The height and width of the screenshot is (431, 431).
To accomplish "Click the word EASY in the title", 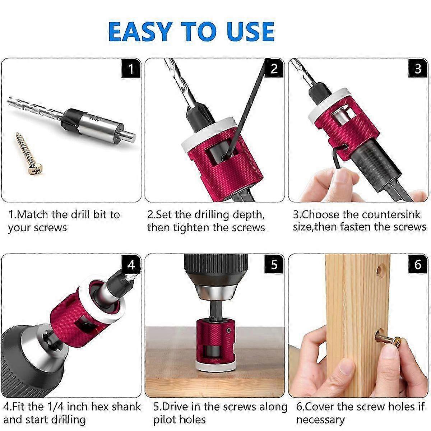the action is [140, 32].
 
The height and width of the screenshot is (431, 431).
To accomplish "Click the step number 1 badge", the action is [131, 68].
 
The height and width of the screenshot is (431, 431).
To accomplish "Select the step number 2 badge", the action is [274, 68].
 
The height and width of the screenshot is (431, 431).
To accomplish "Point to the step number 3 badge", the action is [418, 68].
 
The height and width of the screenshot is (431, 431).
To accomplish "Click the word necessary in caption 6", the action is [320, 420].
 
